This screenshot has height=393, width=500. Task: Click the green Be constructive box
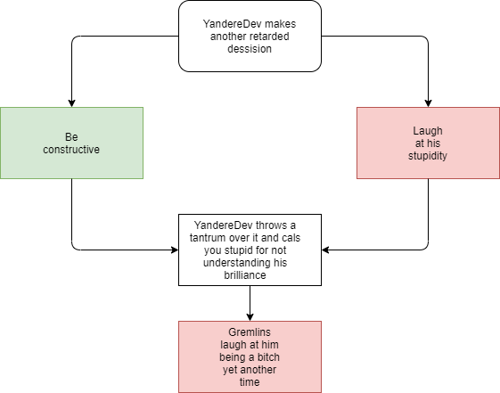pos(72,143)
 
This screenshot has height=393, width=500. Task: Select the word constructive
pos(71,150)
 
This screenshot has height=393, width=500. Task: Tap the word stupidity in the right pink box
pos(428,156)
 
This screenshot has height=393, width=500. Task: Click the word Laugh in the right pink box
pos(428,131)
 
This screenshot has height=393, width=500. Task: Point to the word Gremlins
pos(250,332)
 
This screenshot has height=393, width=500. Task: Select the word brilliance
pos(245,275)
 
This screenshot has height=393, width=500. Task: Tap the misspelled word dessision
pos(250,49)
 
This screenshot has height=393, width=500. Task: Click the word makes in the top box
pos(280,24)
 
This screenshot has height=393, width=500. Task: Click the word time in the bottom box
pos(250,381)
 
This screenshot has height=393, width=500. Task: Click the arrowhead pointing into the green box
pos(72,103)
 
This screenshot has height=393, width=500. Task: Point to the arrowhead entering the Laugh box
pos(428,103)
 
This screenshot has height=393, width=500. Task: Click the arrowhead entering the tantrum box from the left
pos(175,250)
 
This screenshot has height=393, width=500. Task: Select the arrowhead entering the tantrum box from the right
pos(325,250)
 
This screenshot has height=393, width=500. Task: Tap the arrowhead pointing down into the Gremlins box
pos(250,317)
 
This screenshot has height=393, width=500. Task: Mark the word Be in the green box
pos(71,137)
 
